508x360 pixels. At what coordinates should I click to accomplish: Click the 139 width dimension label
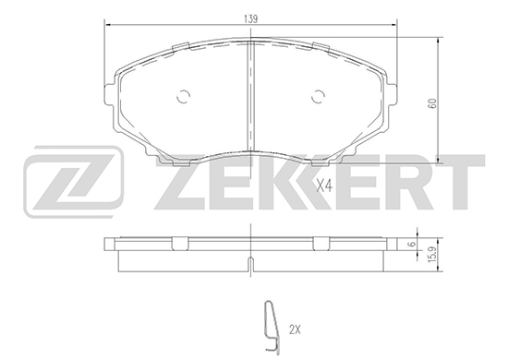pyautogui.click(x=250, y=19)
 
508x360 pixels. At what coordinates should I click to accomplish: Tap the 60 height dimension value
pyautogui.click(x=432, y=103)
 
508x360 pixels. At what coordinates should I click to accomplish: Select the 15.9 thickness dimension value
pyautogui.click(x=432, y=255)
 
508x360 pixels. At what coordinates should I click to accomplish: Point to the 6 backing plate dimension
pyautogui.click(x=413, y=244)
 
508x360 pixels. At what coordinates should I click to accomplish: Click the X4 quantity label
pyautogui.click(x=324, y=186)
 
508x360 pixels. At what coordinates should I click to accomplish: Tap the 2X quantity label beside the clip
pyautogui.click(x=295, y=330)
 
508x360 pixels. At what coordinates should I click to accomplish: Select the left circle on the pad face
pyautogui.click(x=183, y=97)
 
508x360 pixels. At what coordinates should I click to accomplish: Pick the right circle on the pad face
pyautogui.click(x=318, y=97)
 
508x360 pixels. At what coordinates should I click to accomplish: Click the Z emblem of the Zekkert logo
pyautogui.click(x=74, y=182)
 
